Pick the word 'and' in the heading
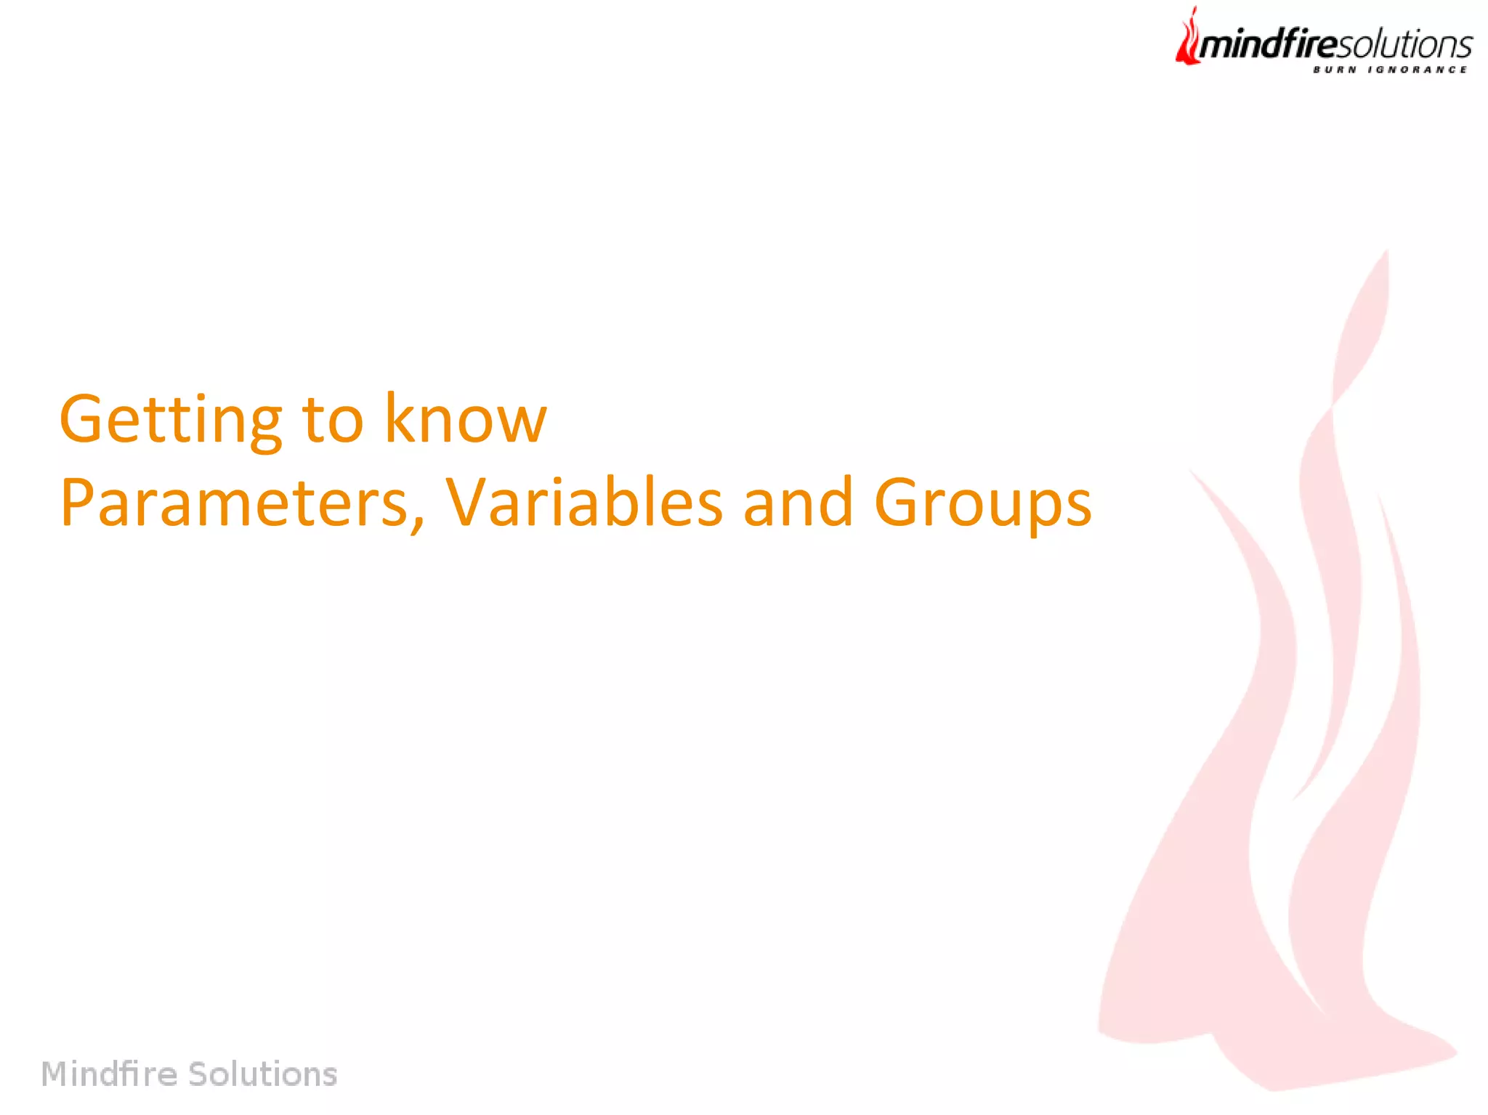tap(798, 502)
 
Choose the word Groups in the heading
tap(982, 503)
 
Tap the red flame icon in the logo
tap(1188, 38)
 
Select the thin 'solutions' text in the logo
tap(1404, 45)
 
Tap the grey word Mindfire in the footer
tap(109, 1074)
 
